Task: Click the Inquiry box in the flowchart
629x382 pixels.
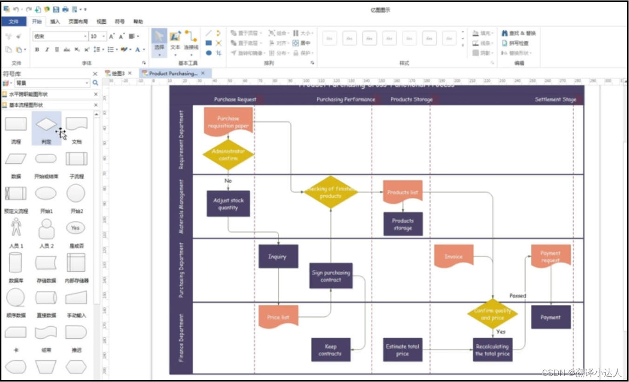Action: (x=278, y=256)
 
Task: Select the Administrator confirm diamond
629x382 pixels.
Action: (x=228, y=154)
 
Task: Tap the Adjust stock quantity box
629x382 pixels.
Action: (x=228, y=204)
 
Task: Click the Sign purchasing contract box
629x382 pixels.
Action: (x=331, y=276)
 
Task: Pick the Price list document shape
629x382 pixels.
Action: (x=278, y=317)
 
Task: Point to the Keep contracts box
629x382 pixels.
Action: (x=330, y=350)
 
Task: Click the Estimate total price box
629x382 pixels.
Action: (x=402, y=350)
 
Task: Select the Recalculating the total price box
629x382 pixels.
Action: (x=492, y=350)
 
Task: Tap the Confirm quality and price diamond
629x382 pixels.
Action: (x=492, y=314)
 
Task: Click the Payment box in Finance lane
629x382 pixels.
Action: (x=550, y=317)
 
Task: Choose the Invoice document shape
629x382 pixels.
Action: (x=454, y=256)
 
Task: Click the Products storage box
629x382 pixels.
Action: (x=402, y=224)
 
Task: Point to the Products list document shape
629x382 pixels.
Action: (x=402, y=192)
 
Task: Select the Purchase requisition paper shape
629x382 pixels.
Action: (x=228, y=122)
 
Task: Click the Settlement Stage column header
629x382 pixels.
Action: (x=555, y=99)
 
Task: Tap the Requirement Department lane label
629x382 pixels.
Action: (x=181, y=140)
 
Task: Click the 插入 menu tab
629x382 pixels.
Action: (x=55, y=21)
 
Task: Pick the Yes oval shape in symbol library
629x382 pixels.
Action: (x=75, y=228)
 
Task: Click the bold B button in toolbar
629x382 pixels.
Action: (x=37, y=50)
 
